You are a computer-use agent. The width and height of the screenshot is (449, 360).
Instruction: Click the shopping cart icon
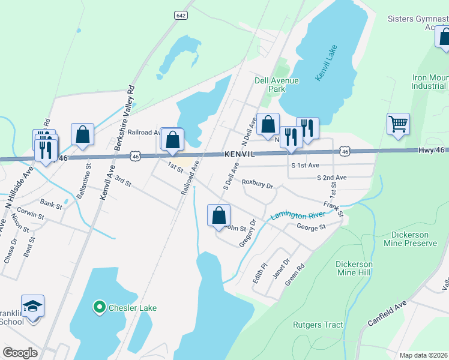(398, 124)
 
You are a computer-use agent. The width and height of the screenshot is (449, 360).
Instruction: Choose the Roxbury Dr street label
(257, 182)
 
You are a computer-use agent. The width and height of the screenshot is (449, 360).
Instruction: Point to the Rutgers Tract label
(318, 325)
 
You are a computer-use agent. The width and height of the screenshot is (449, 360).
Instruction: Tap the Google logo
(20, 352)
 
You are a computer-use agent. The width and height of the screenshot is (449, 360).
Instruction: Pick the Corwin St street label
(32, 214)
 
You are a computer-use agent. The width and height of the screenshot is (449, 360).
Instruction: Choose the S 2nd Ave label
(332, 178)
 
